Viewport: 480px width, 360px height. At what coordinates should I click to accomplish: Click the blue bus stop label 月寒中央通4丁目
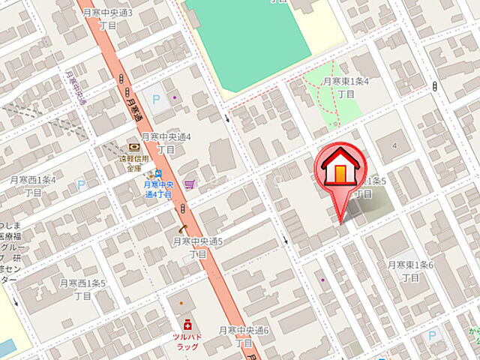click(158, 189)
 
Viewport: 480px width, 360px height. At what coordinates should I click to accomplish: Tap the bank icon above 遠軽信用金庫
click(133, 146)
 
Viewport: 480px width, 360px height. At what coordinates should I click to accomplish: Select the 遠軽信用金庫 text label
click(133, 163)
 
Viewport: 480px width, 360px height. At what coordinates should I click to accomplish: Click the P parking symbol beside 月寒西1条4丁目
click(81, 184)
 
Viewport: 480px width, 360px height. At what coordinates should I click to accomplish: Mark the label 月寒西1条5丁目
click(83, 289)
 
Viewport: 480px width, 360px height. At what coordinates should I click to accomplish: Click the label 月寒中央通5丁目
click(198, 247)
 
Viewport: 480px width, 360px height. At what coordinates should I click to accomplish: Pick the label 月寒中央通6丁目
click(244, 336)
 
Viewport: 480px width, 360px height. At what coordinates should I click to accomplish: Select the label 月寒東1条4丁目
click(346, 87)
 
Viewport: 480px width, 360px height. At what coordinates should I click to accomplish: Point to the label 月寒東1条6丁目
click(410, 271)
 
